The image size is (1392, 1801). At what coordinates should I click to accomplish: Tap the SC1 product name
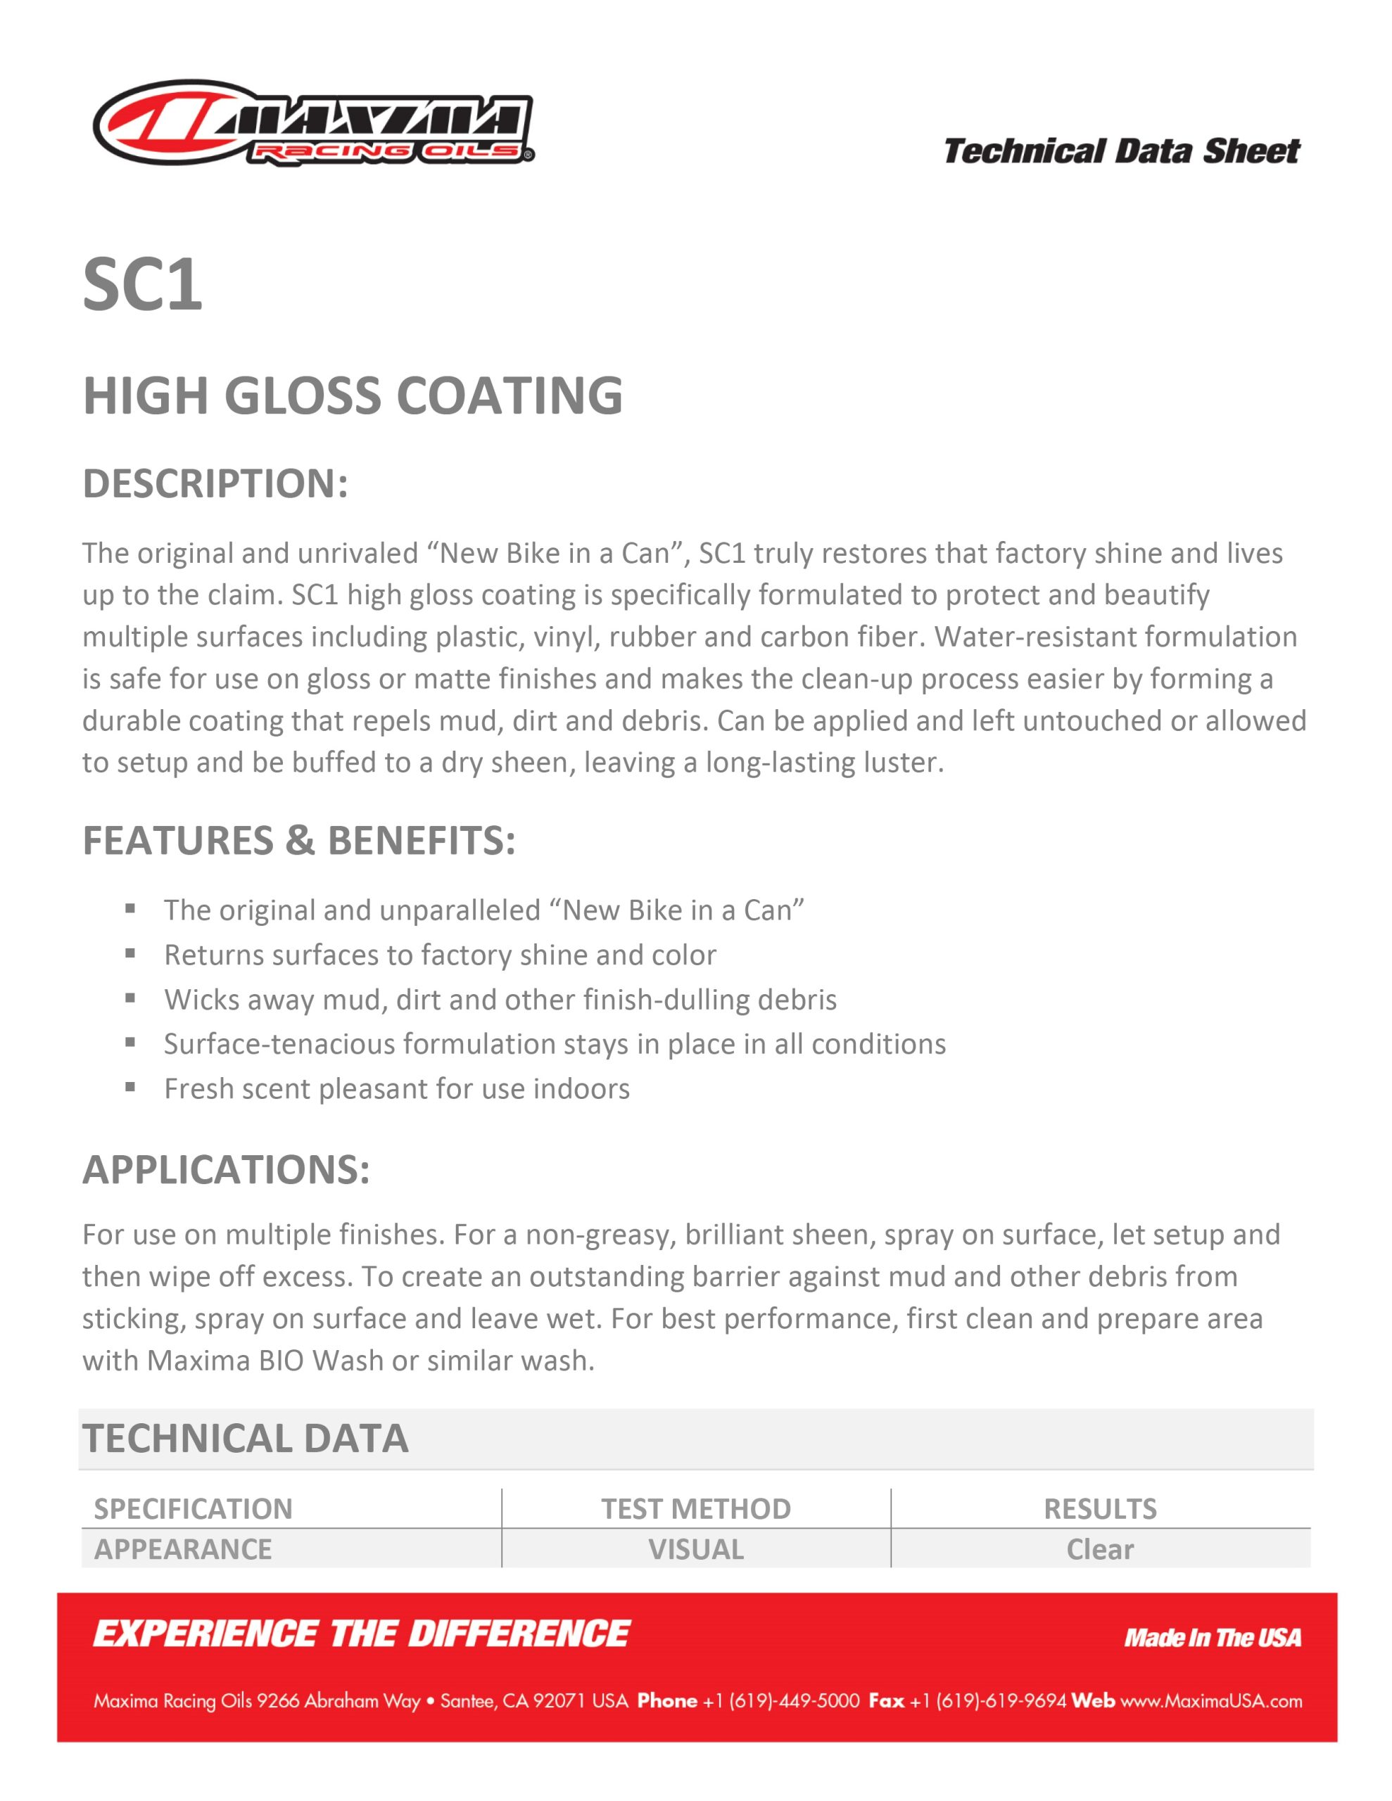[x=143, y=284]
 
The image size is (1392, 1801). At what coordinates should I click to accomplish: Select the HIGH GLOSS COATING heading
[x=353, y=396]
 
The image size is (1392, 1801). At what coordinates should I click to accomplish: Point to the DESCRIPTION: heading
[x=215, y=483]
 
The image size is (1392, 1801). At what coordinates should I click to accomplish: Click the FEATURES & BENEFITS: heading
[x=298, y=840]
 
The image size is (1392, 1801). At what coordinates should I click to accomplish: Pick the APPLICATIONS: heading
[x=226, y=1169]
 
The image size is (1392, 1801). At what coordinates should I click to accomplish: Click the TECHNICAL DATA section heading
[x=245, y=1438]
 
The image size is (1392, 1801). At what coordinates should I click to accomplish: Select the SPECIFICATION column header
[x=193, y=1508]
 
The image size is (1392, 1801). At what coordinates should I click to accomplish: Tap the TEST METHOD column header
[x=695, y=1508]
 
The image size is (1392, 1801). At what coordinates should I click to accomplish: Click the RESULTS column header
[x=1100, y=1508]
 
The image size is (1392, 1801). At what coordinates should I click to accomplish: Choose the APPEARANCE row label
[x=182, y=1548]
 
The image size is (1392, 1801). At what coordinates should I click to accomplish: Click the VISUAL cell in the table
[x=695, y=1548]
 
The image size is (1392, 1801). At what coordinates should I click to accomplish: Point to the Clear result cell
[x=1100, y=1548]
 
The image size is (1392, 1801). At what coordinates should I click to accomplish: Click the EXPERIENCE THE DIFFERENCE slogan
[x=362, y=1634]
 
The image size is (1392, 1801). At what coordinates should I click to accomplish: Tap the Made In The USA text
[x=1212, y=1638]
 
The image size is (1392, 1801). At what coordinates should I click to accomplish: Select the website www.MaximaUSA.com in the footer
[x=1210, y=1701]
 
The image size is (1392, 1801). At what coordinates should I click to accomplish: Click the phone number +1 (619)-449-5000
[x=780, y=1701]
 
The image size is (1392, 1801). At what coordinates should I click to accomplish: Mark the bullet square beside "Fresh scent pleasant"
[x=130, y=1087]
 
